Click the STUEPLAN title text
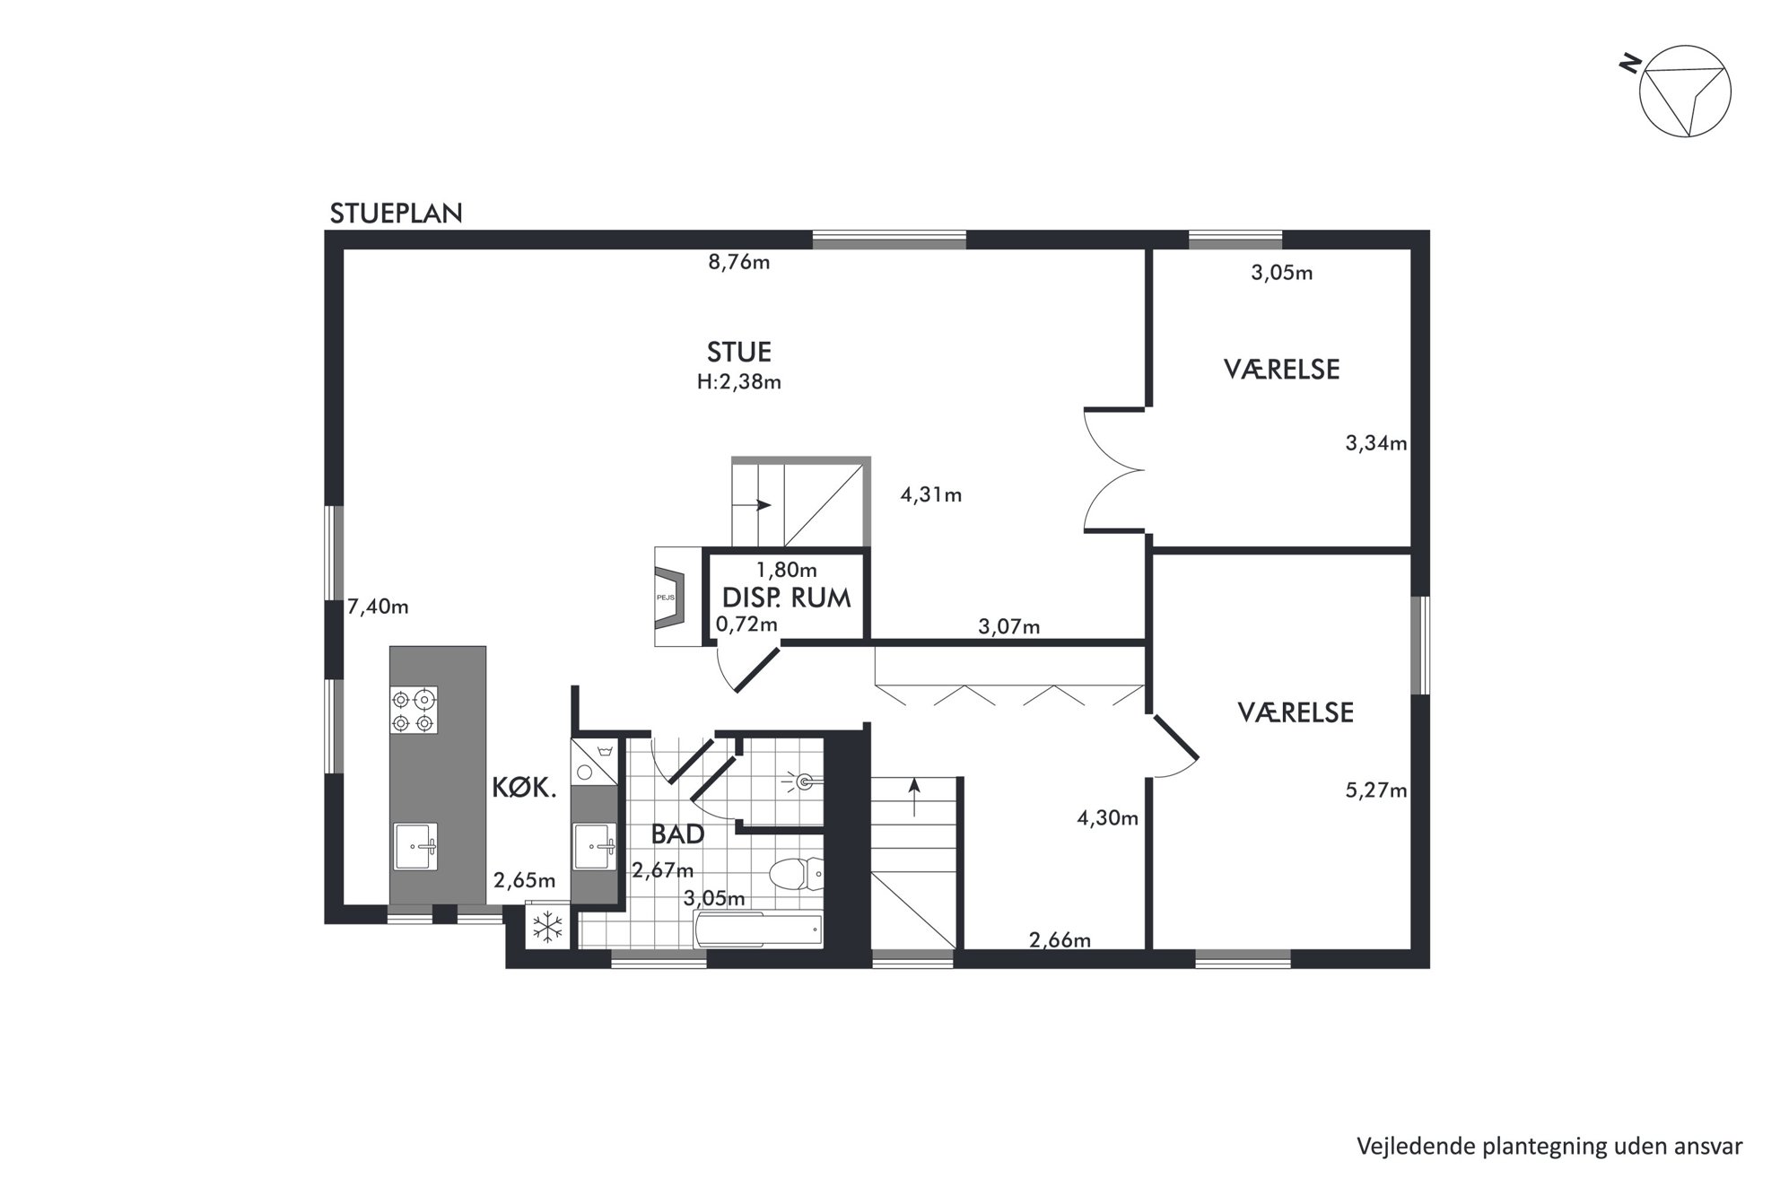tap(396, 214)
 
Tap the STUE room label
tap(738, 351)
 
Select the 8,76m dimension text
tap(739, 262)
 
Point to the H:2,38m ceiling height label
tap(738, 381)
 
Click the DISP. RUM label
tap(786, 598)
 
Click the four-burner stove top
tap(414, 710)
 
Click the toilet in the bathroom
tap(797, 873)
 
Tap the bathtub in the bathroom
tap(758, 930)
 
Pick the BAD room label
tap(677, 834)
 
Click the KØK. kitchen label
tap(525, 788)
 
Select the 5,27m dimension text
tap(1376, 790)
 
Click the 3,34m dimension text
tap(1376, 442)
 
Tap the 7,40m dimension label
tap(378, 607)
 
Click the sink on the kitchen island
tap(416, 846)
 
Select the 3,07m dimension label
tap(1009, 627)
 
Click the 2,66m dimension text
tap(1060, 940)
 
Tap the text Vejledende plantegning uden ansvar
tap(1549, 1147)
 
